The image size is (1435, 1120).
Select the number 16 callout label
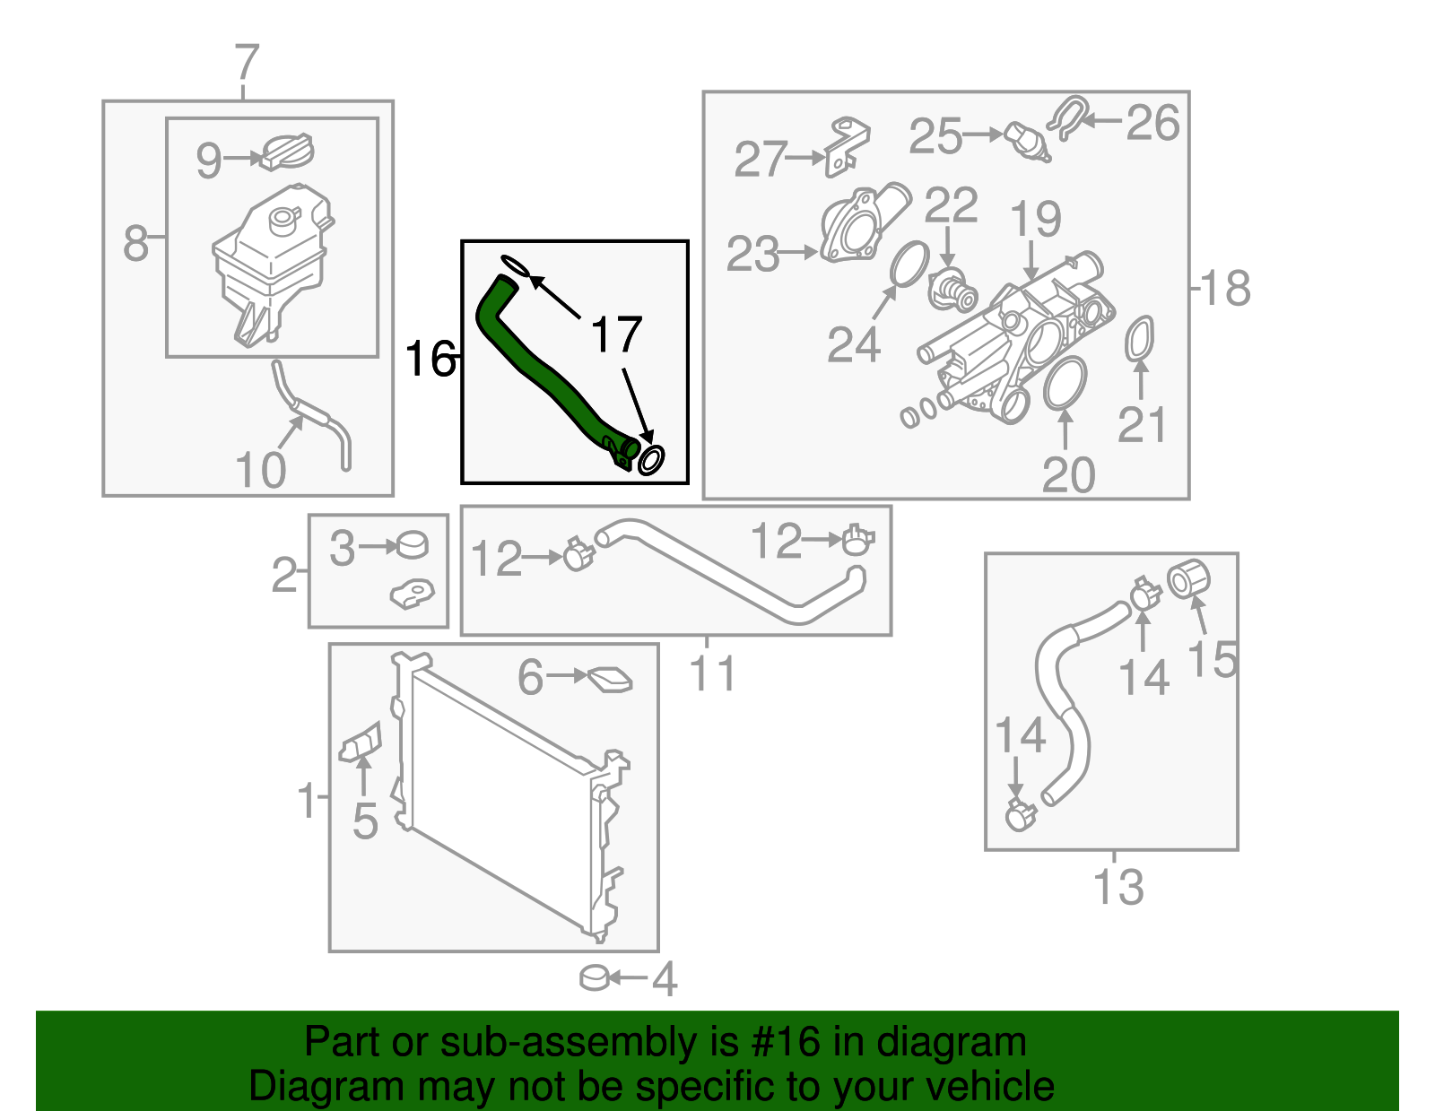pyautogui.click(x=430, y=359)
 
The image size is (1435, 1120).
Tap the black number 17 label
pyautogui.click(x=616, y=334)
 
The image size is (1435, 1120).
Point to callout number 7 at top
pyautogui.click(x=247, y=64)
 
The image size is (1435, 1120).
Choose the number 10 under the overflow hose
pyautogui.click(x=260, y=470)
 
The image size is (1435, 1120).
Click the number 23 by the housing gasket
pyautogui.click(x=752, y=254)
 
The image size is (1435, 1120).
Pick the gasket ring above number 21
pyautogui.click(x=1139, y=339)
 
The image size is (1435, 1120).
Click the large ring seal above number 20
pyautogui.click(x=1065, y=382)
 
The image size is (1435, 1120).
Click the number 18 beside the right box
pyautogui.click(x=1225, y=288)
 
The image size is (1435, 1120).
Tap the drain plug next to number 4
pyautogui.click(x=596, y=977)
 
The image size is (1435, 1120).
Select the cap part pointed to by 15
pyautogui.click(x=1189, y=578)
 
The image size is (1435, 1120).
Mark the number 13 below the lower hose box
pyautogui.click(x=1118, y=887)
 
